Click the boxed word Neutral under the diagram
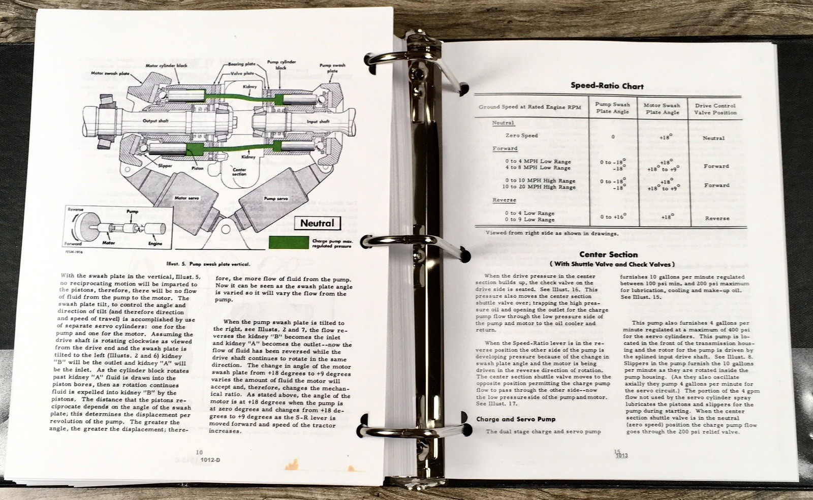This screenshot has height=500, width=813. [318, 223]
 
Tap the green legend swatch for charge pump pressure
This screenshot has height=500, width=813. [288, 242]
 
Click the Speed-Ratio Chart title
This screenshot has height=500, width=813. [607, 86]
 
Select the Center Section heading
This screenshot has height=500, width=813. [608, 255]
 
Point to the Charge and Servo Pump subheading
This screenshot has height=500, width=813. [515, 419]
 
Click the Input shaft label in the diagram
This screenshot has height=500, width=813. [319, 121]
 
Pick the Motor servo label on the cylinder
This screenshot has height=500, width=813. [186, 198]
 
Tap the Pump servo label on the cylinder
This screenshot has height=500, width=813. [276, 199]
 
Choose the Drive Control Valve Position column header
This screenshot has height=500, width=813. [715, 109]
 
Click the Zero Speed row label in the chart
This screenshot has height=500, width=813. [521, 136]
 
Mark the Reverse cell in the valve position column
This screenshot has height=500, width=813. [716, 218]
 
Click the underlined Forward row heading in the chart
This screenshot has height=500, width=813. [505, 148]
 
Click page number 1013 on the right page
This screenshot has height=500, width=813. [621, 455]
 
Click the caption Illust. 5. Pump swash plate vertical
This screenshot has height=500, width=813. [208, 264]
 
